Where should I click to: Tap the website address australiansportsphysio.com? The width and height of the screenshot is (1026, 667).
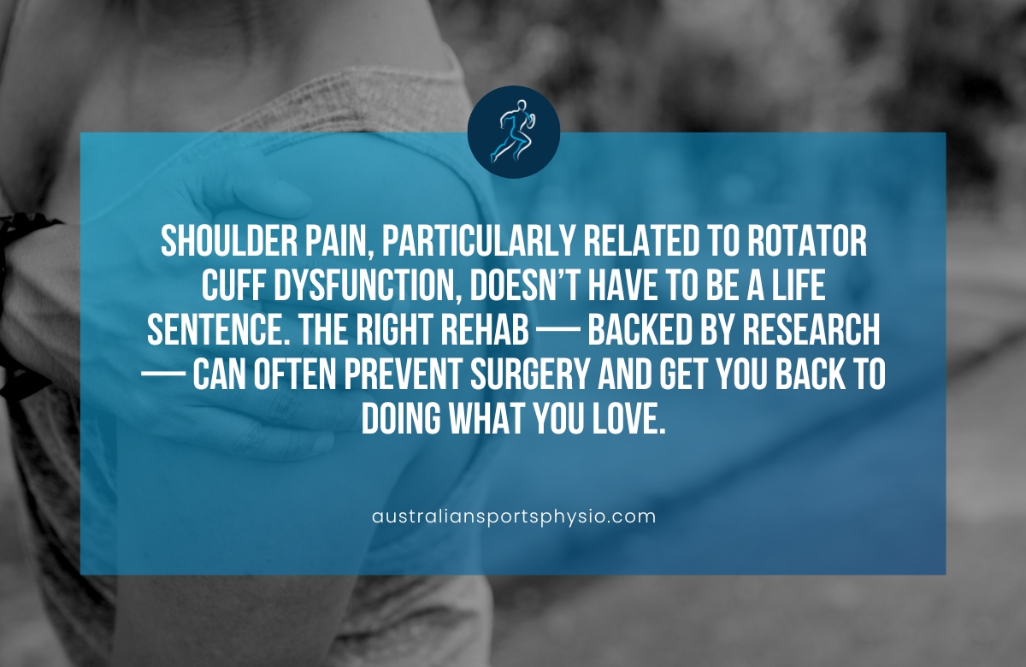pyautogui.click(x=514, y=516)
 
